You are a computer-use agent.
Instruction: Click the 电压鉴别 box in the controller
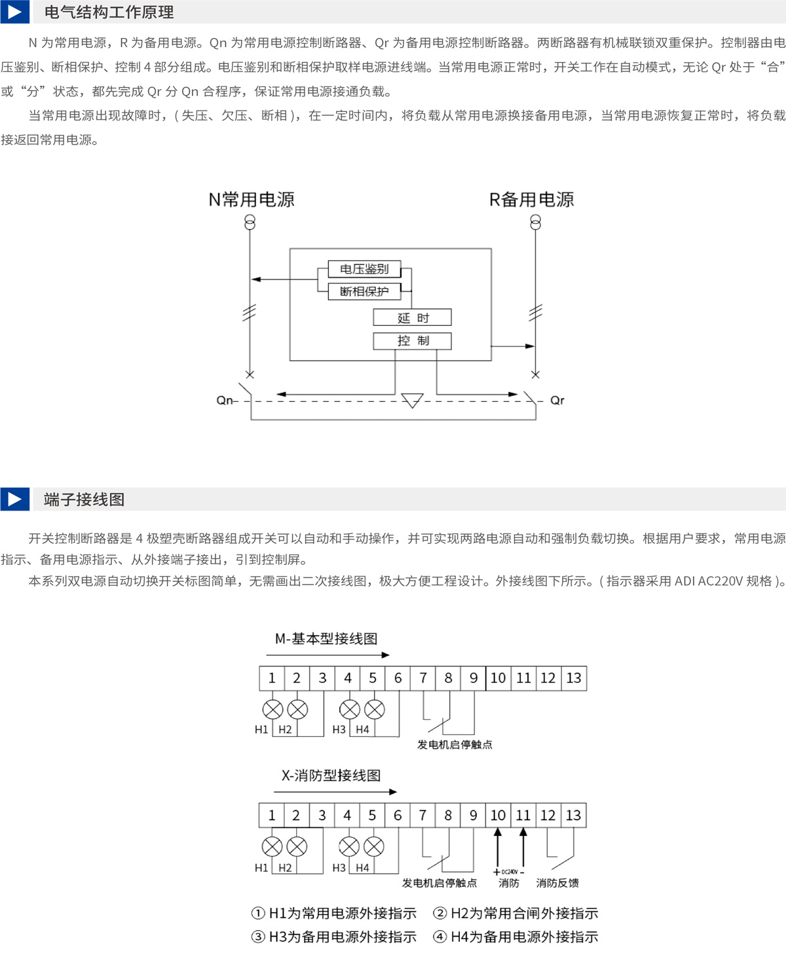[364, 269]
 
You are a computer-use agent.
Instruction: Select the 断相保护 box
[364, 291]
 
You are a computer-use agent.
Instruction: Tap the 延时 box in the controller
[413, 317]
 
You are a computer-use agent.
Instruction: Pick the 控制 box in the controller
[413, 341]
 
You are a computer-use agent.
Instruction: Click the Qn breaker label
[225, 401]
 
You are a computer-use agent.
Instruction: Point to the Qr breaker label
[557, 401]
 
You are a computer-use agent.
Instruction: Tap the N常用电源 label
[251, 200]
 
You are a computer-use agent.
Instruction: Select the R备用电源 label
[532, 200]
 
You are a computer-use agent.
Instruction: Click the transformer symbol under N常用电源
[250, 223]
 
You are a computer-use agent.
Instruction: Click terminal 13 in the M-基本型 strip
[574, 678]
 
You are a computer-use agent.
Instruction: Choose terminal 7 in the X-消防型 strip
[423, 815]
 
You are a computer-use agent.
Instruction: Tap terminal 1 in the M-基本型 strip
[272, 678]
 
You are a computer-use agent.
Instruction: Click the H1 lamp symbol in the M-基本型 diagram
[272, 710]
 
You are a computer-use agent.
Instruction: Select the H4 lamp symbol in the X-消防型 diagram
[374, 847]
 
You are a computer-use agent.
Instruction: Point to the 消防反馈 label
[557, 883]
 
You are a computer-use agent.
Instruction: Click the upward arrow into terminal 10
[498, 848]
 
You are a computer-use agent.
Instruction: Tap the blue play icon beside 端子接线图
[14, 499]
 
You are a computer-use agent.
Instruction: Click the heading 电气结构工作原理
[109, 12]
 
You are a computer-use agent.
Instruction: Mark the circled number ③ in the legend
[258, 937]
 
